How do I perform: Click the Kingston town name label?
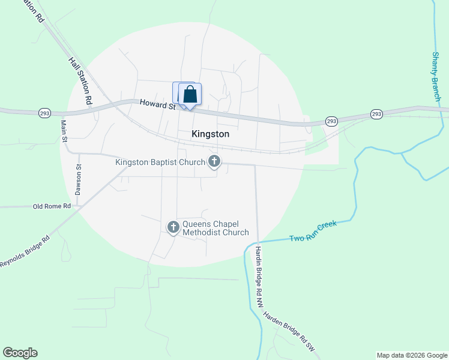pos(210,134)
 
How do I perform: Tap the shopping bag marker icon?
pos(190,95)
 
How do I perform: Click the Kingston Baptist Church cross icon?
pos(214,161)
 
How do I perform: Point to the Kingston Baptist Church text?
pos(160,162)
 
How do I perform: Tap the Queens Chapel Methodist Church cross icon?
pos(173,227)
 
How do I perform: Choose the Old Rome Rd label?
pos(52,206)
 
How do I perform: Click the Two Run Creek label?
pos(313,230)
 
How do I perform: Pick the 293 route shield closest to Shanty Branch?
pos(376,113)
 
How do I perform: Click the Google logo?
pos(20,353)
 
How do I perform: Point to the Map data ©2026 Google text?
pos(411,355)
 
